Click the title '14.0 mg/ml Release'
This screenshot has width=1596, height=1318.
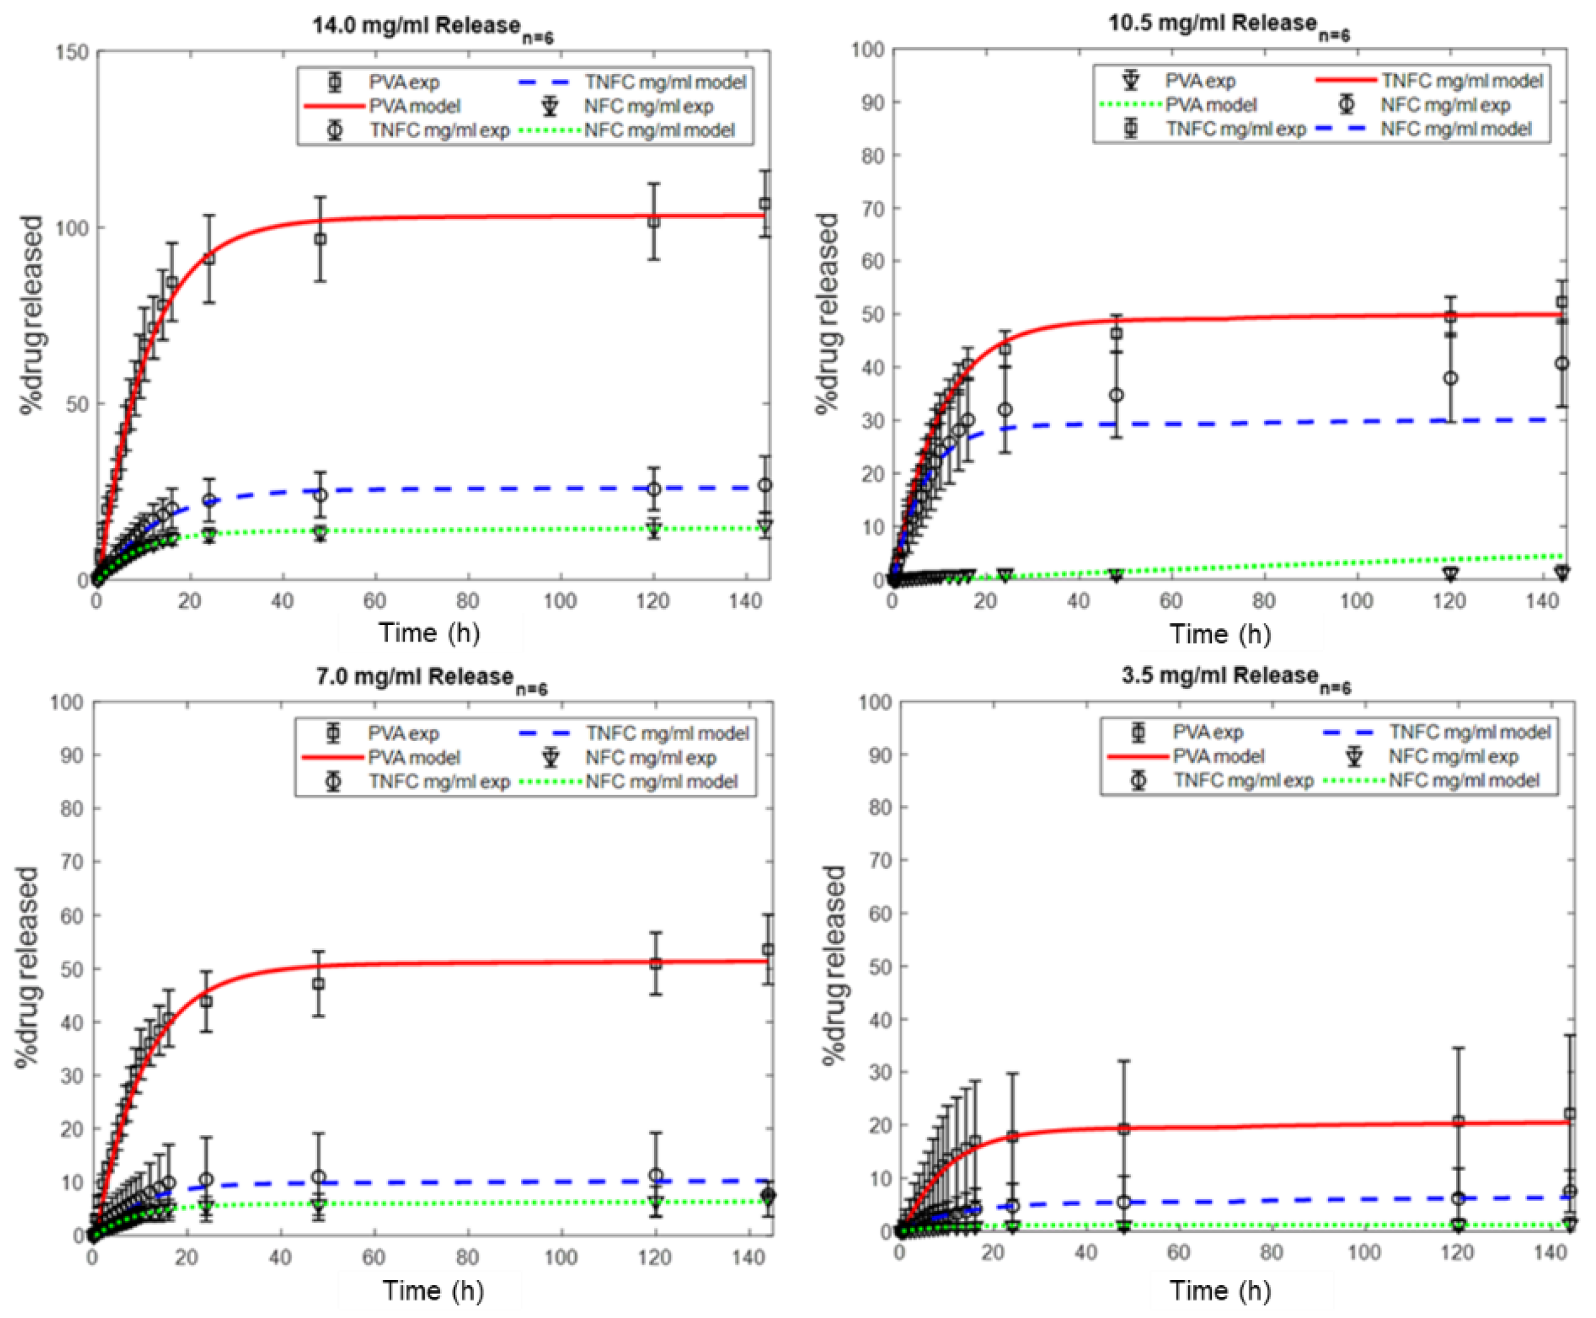pyautogui.click(x=431, y=27)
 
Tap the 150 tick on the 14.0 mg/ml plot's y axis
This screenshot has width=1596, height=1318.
pyautogui.click(x=72, y=52)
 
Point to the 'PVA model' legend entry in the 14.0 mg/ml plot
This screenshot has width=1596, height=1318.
pyautogui.click(x=415, y=106)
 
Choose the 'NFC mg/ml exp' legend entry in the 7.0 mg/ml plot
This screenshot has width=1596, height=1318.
pyautogui.click(x=650, y=758)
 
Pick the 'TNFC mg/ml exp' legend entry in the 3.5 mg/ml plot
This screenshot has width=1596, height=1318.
pyautogui.click(x=1243, y=780)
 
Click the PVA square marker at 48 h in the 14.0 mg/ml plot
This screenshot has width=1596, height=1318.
pyautogui.click(x=320, y=239)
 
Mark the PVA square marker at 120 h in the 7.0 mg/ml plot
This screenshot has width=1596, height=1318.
pyautogui.click(x=656, y=964)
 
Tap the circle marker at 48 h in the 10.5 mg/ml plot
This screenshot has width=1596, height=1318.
pyautogui.click(x=1116, y=395)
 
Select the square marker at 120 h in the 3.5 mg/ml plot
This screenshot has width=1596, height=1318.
pyautogui.click(x=1458, y=1122)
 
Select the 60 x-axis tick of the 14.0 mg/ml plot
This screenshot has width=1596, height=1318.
pyautogui.click(x=374, y=601)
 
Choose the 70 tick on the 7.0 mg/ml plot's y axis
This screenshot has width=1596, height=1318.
pyautogui.click(x=71, y=862)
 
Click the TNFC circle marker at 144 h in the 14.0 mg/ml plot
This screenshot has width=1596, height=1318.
pyautogui.click(x=765, y=485)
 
